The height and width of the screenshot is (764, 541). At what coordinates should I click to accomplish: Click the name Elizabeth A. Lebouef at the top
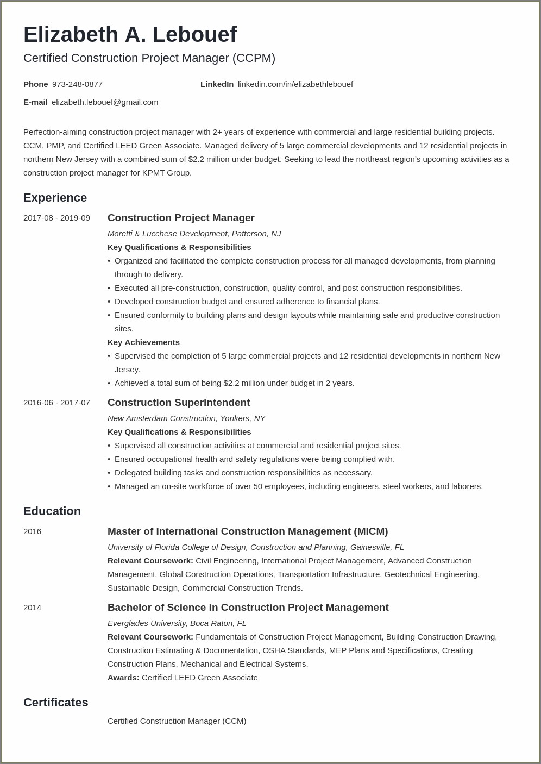coord(130,35)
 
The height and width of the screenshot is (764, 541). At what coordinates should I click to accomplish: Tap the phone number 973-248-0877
coord(77,84)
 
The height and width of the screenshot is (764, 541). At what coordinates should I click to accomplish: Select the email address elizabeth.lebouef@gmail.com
coord(105,102)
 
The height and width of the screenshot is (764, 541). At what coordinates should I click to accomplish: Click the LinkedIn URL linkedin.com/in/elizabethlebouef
coord(295,84)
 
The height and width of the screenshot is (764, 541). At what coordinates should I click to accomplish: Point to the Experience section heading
coord(55,198)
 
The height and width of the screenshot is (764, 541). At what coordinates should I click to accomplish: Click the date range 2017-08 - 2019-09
coord(56,218)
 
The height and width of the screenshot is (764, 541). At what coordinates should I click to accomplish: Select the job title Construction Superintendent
coord(179,403)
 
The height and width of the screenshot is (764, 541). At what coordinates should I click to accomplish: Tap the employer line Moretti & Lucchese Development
coord(194,234)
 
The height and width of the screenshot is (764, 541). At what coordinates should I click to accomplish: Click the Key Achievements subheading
coord(143,342)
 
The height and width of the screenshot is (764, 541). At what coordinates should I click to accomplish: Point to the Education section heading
coord(52,511)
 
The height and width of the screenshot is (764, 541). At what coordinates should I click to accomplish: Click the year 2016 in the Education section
coord(32,531)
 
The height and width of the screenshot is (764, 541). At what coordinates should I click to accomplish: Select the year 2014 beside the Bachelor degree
coord(32,608)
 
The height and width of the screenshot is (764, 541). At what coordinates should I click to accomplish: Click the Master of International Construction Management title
coord(248,531)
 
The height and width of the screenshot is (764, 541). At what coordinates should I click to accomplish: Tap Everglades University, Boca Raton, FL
coord(177,623)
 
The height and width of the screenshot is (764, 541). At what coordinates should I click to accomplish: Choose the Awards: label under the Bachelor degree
coord(123,678)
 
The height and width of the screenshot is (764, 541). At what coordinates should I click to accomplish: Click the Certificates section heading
coord(55,703)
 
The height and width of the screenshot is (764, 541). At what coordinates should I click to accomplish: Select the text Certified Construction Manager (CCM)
coord(177,721)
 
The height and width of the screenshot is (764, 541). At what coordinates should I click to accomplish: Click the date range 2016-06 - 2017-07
coord(56,403)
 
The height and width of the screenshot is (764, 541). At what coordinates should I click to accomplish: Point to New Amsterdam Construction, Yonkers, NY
coord(186,418)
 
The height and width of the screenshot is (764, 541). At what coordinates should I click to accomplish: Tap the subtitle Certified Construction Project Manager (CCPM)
coord(149,58)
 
